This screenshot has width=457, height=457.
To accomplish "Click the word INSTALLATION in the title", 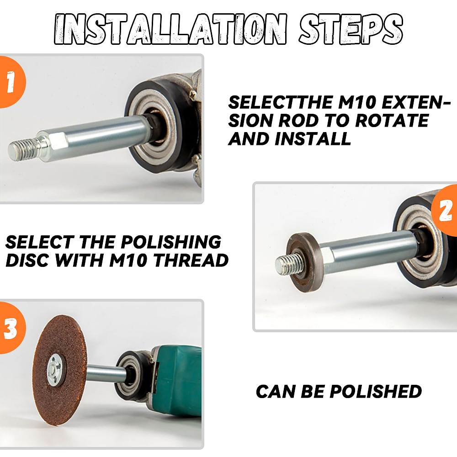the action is click(171, 29).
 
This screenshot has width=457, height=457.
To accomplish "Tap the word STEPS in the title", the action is click(351, 29).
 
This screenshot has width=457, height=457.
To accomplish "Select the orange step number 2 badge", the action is click(445, 210).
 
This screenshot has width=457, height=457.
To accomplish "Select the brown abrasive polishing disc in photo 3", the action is click(61, 370).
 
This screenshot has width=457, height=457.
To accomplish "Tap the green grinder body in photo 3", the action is click(176, 388).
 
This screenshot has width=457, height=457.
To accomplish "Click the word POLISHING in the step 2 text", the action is click(171, 242).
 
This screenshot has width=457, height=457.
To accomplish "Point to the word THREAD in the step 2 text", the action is click(191, 260).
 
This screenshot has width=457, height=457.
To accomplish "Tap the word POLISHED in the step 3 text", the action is click(376, 391).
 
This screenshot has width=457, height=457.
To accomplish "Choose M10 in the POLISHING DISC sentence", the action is click(128, 260).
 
